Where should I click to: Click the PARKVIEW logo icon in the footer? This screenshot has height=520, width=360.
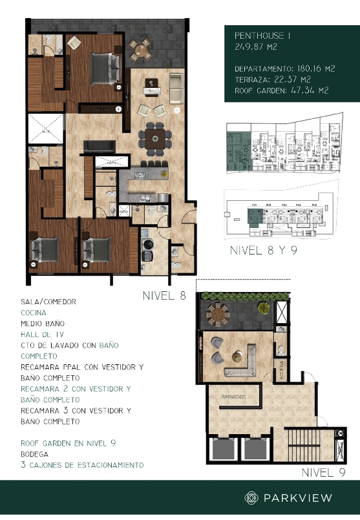251,497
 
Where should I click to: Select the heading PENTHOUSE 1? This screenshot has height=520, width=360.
262,36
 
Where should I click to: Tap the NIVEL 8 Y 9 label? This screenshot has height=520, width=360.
264,251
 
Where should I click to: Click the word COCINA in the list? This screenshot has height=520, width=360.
34,312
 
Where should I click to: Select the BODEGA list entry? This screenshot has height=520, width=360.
36,454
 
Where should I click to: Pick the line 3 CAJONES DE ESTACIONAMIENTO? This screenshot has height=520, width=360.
81,465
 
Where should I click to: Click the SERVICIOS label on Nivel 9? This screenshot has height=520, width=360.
233,396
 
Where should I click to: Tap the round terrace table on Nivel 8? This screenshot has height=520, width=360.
140,48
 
